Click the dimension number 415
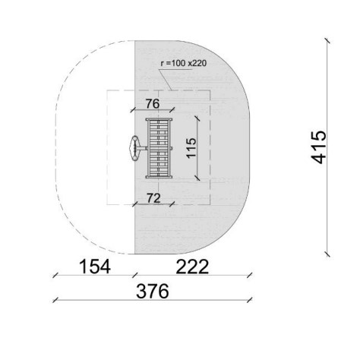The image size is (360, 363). coord(318,147)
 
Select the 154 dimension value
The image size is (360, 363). coord(95,267)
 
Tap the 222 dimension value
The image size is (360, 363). coord(192,267)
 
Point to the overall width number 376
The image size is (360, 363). coord(153,291)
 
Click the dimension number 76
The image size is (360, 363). coord(153,104)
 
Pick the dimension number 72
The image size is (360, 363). coord(153,198)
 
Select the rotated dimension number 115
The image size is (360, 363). coord(191,148)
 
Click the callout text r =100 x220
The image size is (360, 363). coord(184,63)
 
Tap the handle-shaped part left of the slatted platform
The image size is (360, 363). coord(137,148)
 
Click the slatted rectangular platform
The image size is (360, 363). coord(159,148)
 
